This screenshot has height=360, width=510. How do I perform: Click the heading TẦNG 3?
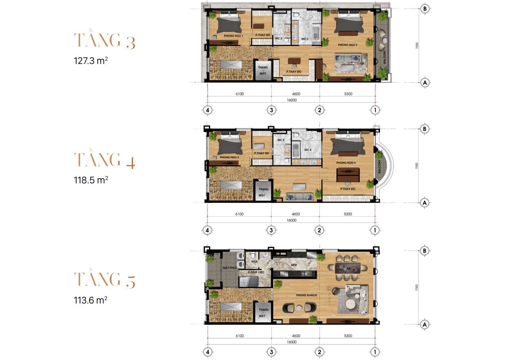(105, 40)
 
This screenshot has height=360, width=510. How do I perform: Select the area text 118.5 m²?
(91, 180)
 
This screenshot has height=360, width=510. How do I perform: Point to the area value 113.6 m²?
(91, 300)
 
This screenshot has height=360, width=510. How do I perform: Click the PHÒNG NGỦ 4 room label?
(346, 163)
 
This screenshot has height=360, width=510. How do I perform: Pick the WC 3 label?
(304, 39)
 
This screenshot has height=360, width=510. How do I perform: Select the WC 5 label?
(281, 140)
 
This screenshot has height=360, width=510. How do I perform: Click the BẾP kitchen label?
(294, 265)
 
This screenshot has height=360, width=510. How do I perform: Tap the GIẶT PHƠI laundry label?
(229, 267)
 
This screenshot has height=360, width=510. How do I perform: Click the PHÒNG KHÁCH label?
(305, 295)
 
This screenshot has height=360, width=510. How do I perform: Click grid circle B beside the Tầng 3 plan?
(425, 9)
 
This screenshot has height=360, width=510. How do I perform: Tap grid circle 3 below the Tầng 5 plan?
(271, 352)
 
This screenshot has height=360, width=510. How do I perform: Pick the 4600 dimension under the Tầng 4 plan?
(295, 214)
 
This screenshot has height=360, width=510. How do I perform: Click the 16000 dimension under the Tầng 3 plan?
(291, 100)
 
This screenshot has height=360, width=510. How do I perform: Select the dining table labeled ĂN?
(348, 268)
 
